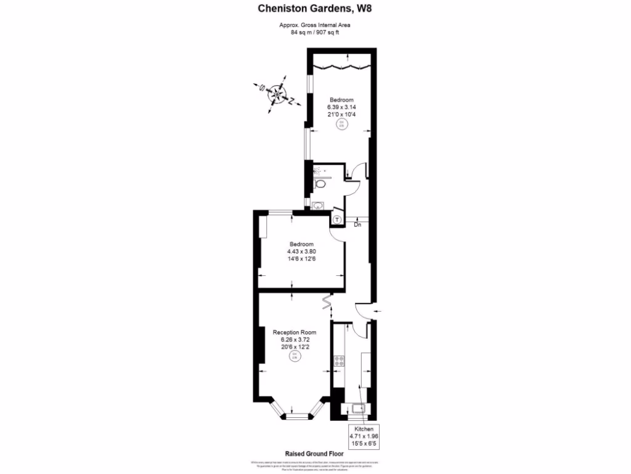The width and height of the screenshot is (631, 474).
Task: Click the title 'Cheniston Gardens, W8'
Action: [315, 9]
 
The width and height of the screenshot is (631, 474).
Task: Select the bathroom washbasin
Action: [318, 206]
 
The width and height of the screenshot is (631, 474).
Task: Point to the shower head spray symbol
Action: [318, 170]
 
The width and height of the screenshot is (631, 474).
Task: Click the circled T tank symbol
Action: [338, 220]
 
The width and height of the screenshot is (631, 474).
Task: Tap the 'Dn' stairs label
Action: [357, 225]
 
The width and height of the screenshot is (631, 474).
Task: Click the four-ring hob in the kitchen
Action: [338, 362]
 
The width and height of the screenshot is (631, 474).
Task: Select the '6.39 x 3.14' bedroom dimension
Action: [341, 107]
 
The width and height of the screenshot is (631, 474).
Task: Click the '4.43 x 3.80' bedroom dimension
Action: [301, 251]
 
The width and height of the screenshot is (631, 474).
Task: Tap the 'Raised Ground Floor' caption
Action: [315, 452]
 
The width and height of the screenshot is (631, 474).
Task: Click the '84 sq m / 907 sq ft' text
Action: [315, 33]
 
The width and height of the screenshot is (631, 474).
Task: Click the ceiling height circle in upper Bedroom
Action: [341, 125]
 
